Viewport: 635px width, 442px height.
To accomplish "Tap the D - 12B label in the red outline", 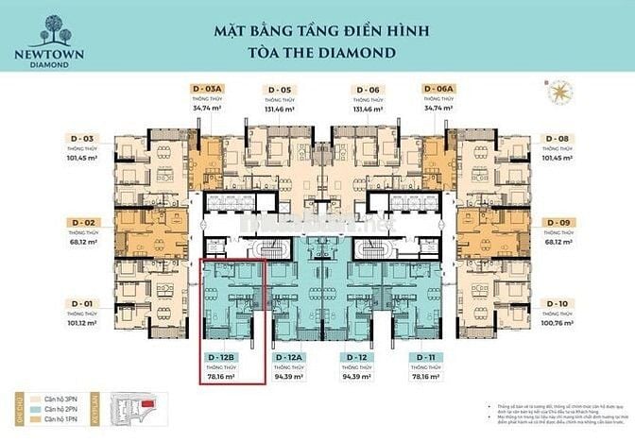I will click(x=221, y=357).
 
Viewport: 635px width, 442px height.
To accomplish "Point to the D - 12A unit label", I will click(x=289, y=357).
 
